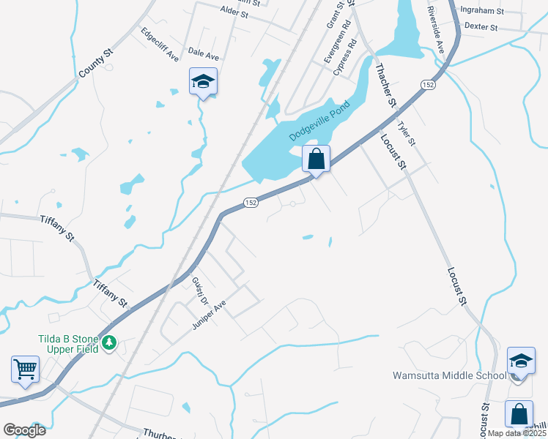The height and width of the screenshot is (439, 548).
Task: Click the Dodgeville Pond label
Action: (x=319, y=121)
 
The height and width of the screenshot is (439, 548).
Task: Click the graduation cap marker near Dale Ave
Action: (x=203, y=81)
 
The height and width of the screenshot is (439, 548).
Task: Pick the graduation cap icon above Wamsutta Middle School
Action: (x=520, y=360)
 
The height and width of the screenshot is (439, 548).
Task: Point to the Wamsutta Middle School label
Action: (x=449, y=376)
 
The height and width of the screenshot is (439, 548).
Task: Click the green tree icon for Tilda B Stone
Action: (x=109, y=342)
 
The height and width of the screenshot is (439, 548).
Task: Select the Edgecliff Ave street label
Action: (x=160, y=44)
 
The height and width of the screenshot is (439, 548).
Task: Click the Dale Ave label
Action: (x=204, y=54)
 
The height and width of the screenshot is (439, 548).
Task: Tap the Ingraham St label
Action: (x=481, y=11)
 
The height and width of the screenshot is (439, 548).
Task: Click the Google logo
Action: (x=25, y=430)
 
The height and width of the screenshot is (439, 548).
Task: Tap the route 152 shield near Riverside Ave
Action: (x=427, y=86)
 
